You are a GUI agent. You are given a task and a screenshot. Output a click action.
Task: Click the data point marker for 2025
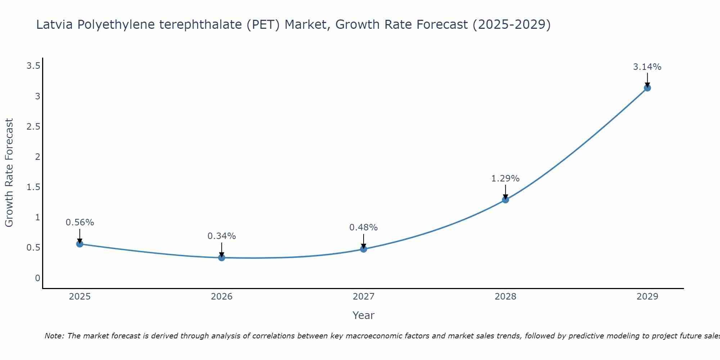[x=80, y=244]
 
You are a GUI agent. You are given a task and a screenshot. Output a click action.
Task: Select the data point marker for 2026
[x=222, y=257]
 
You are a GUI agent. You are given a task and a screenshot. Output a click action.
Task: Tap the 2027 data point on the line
[x=364, y=249]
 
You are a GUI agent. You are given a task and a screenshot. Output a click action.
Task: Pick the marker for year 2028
[x=505, y=200]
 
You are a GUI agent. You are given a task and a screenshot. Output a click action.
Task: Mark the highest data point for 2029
[x=647, y=88]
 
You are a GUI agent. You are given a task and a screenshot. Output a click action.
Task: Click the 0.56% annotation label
[x=80, y=222]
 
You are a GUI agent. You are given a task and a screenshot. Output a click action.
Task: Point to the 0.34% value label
[x=222, y=236]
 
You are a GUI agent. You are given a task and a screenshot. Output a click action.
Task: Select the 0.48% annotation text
[x=364, y=228]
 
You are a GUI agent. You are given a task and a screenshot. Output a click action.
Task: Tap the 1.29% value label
[x=505, y=179]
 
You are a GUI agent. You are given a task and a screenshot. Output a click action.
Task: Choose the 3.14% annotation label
[x=647, y=67]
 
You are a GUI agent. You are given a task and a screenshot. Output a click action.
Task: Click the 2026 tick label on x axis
[x=222, y=297]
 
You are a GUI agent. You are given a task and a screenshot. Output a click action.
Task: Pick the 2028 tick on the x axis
[x=505, y=297]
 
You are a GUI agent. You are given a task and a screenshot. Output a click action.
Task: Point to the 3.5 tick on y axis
[x=33, y=66]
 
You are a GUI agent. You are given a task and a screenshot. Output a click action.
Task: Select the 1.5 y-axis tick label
[x=33, y=187]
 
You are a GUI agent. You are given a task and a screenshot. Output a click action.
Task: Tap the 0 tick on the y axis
[x=37, y=278]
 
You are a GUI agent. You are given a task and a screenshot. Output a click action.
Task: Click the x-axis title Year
[x=364, y=315]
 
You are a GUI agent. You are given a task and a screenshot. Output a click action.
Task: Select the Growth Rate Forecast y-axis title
[x=9, y=173]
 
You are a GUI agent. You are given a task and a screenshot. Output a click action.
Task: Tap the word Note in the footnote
[x=54, y=336]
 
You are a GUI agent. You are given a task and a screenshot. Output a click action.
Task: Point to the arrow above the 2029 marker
[x=647, y=79]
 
